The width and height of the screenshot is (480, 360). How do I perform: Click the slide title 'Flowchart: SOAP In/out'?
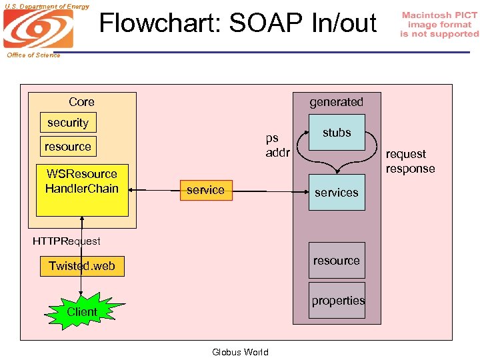[x=238, y=23]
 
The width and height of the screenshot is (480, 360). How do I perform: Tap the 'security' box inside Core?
[x=68, y=123]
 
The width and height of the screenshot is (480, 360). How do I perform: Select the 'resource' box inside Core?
[x=68, y=147]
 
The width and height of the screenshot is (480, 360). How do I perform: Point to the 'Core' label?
[x=81, y=102]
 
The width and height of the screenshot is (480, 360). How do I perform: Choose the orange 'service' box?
[x=205, y=190]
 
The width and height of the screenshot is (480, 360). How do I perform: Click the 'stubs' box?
[x=337, y=133]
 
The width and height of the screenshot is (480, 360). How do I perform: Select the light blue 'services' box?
[x=337, y=193]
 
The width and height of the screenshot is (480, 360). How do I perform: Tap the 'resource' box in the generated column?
[x=337, y=261]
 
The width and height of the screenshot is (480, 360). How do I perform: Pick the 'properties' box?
[x=338, y=301]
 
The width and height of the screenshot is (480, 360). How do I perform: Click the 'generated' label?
[x=336, y=102]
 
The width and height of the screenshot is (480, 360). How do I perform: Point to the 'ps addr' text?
[x=277, y=145]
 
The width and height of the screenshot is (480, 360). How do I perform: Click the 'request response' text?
[x=409, y=161]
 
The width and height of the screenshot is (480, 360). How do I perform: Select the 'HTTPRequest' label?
[x=67, y=241]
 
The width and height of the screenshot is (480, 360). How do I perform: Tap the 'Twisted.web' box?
[x=81, y=266]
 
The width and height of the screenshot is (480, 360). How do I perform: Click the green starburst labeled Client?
[x=82, y=312]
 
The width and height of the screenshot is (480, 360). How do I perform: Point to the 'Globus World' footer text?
[x=240, y=352]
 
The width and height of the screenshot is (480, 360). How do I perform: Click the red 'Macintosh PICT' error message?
[x=439, y=24]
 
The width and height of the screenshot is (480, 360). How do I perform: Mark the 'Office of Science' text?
[x=33, y=55]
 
